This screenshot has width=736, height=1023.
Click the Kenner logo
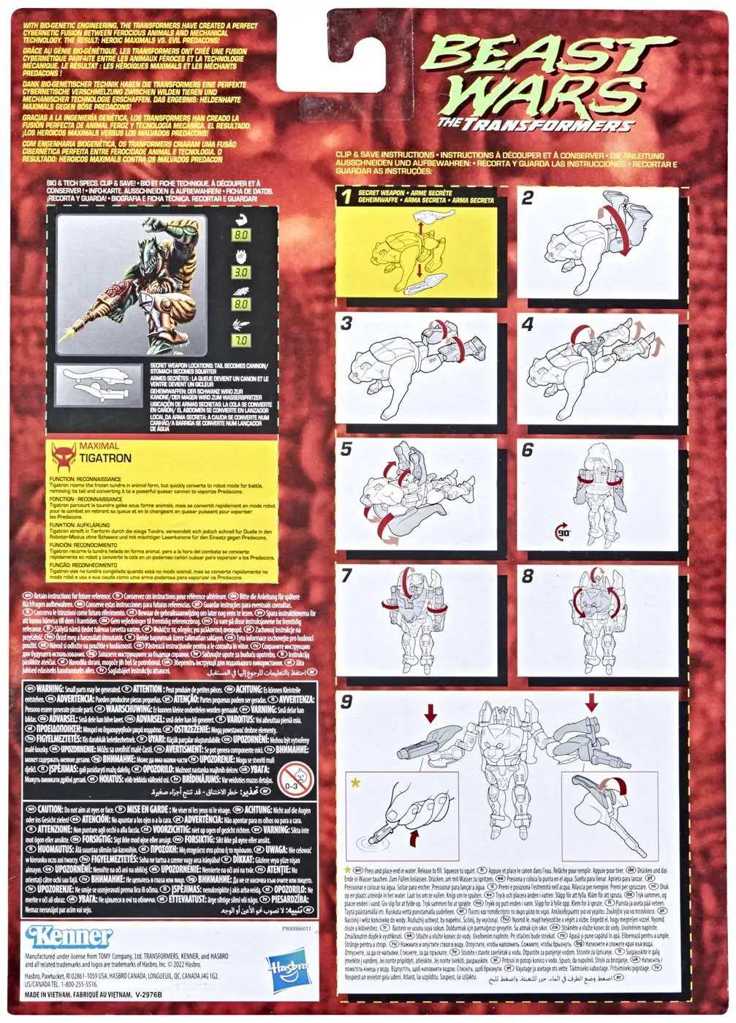point(69,937)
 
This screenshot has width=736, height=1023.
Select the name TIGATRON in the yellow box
point(106,458)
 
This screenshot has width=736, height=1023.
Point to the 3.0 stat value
point(240,272)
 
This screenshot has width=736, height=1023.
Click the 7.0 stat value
point(240,341)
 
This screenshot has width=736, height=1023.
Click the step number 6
point(528,450)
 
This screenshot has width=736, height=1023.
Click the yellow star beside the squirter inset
point(356,783)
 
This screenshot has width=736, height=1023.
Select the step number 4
point(528,324)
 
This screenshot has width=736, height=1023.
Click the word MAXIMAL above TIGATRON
point(99,446)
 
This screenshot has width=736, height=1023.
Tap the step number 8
point(528,576)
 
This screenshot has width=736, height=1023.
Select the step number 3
point(346,324)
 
